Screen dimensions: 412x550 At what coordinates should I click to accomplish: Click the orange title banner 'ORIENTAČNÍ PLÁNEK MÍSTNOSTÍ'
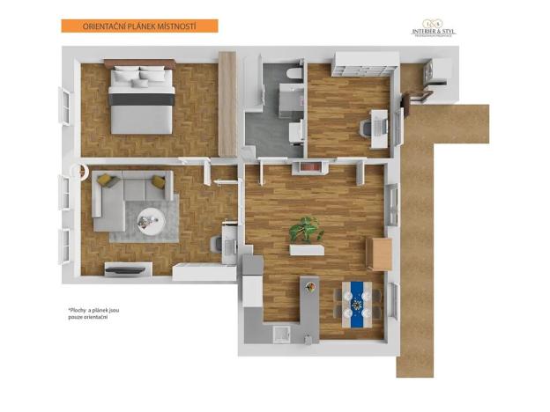(138, 26)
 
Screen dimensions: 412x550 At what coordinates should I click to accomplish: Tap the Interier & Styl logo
(434, 28)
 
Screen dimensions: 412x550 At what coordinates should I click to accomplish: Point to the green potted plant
(307, 230)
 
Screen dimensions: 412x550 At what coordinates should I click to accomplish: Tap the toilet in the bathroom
(294, 75)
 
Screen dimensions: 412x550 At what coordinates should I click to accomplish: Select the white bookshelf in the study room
(362, 63)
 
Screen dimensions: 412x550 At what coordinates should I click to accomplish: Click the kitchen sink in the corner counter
(282, 333)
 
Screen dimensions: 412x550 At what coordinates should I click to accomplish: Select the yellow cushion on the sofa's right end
(159, 182)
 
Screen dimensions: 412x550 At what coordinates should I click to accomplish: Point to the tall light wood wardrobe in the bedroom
(227, 103)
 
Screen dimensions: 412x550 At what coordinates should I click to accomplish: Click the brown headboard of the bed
(139, 63)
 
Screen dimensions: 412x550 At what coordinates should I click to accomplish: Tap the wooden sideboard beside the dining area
(380, 254)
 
